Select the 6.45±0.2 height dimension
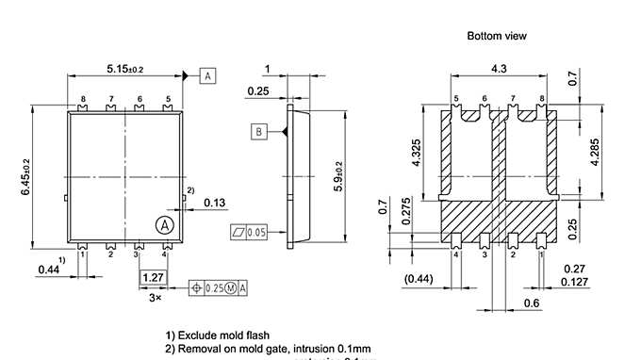tap(29, 175)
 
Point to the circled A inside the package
tap(164, 225)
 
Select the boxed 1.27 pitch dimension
tap(152, 277)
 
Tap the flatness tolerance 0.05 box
tap(249, 231)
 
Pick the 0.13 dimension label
tap(214, 202)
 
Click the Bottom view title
tap(497, 36)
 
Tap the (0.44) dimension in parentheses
tap(419, 279)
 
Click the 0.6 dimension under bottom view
tap(531, 303)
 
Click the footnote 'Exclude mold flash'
tap(218, 335)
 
